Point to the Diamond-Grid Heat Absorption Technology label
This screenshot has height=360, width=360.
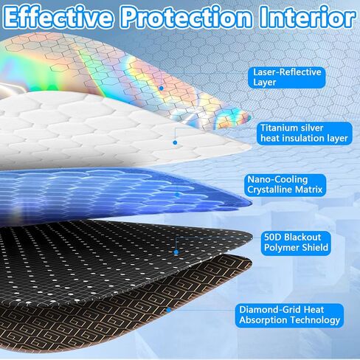(290, 315)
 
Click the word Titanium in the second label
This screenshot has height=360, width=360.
(280, 127)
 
